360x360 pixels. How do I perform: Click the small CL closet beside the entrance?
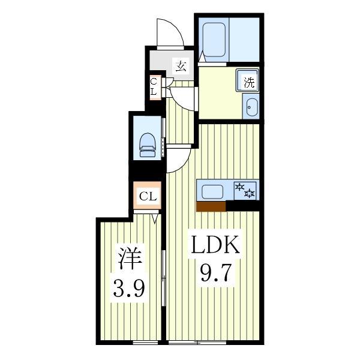coord(154,87)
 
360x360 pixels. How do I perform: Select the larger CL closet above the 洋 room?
coord(148,196)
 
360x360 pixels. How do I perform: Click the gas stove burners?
coord(246,191)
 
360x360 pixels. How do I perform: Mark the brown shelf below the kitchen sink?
coord(211,206)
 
